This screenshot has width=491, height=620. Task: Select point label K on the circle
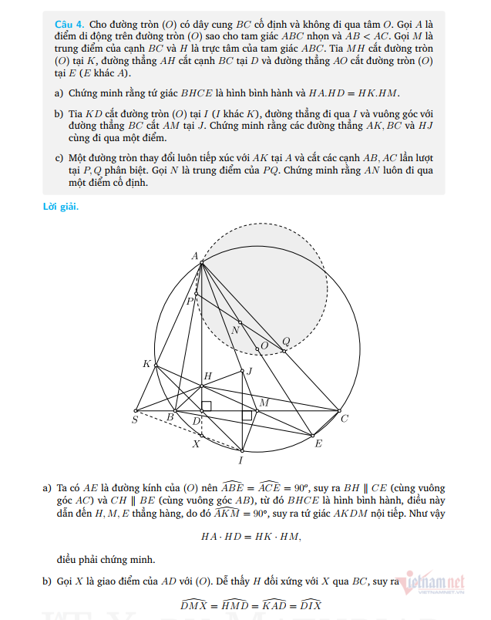coord(146,363)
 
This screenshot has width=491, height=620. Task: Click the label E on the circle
coord(318,443)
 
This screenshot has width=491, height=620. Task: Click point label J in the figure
coord(249,372)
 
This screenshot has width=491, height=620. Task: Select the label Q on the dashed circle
coord(286,341)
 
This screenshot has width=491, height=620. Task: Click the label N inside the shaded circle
coord(235,330)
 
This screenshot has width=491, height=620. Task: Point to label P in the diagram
coord(190,302)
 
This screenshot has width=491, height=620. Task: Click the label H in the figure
coord(207,376)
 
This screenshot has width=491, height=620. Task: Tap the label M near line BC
coord(264,403)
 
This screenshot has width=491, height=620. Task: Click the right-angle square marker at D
coord(207,406)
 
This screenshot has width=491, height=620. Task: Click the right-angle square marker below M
coord(247,416)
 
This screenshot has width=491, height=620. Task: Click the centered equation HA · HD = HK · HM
coord(251,536)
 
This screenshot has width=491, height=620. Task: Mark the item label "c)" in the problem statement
coord(59,158)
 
